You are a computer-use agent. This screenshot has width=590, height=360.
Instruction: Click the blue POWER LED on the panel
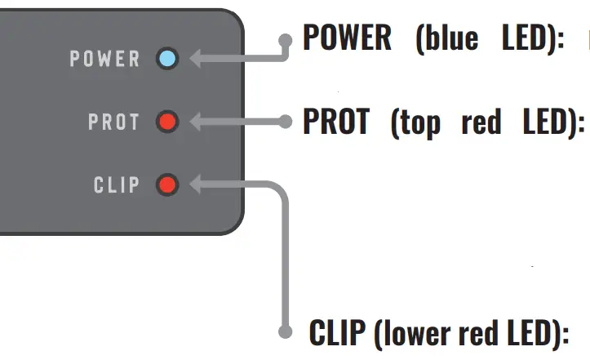(x=167, y=59)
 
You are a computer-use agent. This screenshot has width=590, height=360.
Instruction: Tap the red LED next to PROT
(x=167, y=122)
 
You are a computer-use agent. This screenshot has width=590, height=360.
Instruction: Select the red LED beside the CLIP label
(x=167, y=185)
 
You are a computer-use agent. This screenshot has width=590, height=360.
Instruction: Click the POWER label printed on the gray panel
(x=105, y=59)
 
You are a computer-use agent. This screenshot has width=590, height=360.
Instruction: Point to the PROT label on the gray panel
(x=114, y=122)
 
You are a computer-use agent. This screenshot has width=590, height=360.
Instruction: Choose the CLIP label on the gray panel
(x=117, y=185)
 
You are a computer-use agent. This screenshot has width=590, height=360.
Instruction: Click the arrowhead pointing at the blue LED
(x=197, y=59)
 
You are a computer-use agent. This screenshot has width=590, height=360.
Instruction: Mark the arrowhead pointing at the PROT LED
(x=197, y=122)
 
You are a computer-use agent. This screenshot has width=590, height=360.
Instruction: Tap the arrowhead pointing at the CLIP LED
(x=197, y=185)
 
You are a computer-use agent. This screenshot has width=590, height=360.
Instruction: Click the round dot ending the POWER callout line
(x=285, y=39)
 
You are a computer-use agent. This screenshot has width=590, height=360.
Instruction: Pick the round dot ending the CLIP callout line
(x=285, y=332)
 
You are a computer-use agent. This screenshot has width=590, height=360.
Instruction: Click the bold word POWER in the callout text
(x=347, y=38)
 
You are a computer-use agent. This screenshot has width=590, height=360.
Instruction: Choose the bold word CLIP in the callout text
(x=335, y=333)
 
